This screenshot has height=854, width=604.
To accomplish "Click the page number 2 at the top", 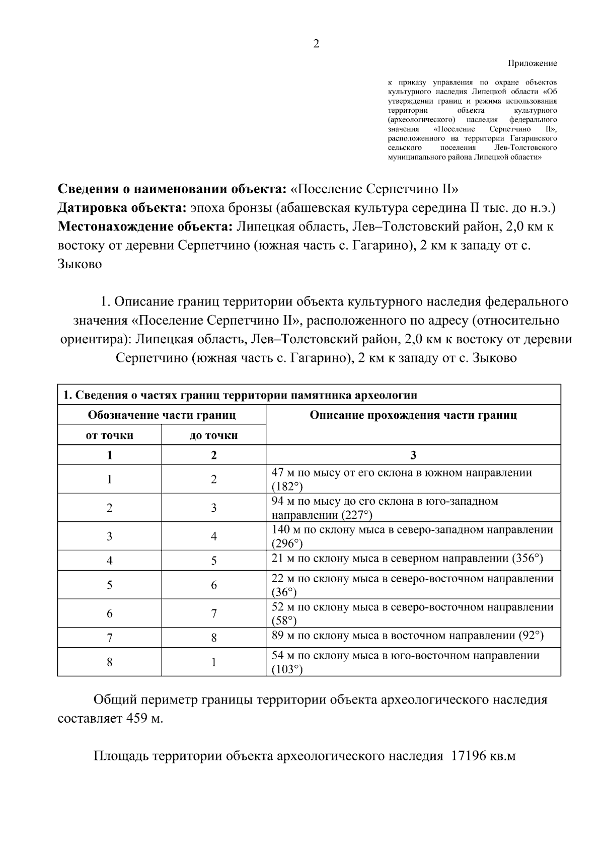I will click(316, 44).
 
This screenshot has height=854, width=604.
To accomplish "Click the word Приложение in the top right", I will click(533, 64).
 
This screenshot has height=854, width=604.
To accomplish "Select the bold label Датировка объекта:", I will click(122, 208).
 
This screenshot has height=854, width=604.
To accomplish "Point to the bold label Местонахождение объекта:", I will click(145, 227).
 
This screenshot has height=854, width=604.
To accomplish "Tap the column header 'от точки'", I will click(109, 435).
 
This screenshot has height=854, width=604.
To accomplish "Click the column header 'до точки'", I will click(213, 435).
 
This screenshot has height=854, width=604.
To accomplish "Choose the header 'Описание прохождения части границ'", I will click(413, 415).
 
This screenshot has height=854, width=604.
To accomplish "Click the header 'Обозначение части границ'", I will click(162, 415).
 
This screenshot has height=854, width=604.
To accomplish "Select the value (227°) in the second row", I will click(357, 515).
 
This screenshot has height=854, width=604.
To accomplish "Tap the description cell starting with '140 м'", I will click(412, 536).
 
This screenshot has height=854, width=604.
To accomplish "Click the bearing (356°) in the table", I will click(527, 559).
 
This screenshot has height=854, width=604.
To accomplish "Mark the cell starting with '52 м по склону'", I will click(412, 613).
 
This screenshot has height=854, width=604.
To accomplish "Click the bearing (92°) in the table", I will click(531, 636).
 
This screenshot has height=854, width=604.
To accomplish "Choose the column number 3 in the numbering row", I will click(413, 455).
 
